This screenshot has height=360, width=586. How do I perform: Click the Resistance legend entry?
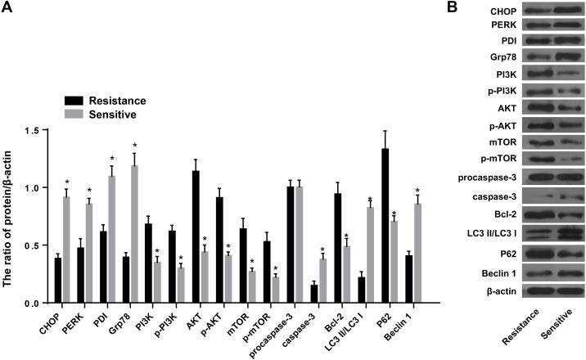pyautogui.click(x=105, y=101)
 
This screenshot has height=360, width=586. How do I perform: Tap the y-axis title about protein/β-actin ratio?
pyautogui.click(x=11, y=217)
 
